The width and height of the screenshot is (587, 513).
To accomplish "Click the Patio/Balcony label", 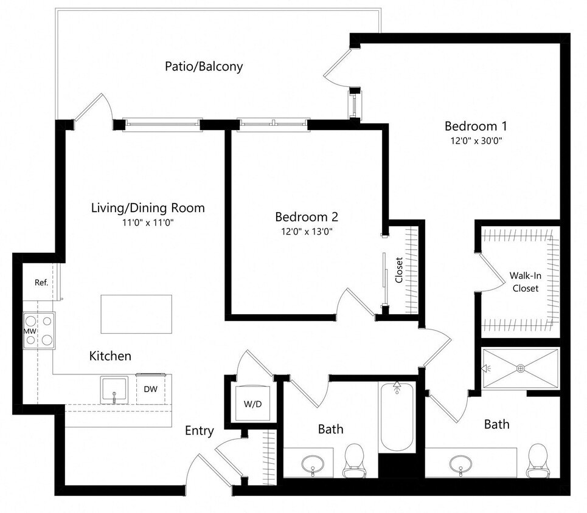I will (x=204, y=66).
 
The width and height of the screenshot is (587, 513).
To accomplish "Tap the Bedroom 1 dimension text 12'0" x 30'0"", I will (x=476, y=140).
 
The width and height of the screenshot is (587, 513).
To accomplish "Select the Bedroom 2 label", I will (x=306, y=217).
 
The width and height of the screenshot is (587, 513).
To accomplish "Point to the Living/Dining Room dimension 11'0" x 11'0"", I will (x=147, y=222).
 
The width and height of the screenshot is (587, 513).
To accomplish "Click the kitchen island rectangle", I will (x=136, y=314).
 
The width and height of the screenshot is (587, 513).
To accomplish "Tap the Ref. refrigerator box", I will (x=41, y=283).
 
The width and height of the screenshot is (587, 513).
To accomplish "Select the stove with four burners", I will (x=39, y=330).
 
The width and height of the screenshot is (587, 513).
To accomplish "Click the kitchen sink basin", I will (x=114, y=390).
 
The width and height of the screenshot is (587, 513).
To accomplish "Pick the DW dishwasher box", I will (x=151, y=389).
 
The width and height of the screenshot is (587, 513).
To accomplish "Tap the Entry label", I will (x=200, y=431).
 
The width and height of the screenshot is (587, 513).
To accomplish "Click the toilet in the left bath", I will (x=354, y=461).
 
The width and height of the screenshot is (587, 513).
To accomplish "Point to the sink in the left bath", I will (x=313, y=464).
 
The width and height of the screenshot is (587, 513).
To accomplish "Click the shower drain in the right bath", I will (x=521, y=368).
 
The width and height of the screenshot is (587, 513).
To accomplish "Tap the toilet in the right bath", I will (x=537, y=460).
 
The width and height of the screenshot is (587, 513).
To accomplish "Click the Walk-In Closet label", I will (x=525, y=282).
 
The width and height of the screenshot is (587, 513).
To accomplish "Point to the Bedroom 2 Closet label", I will (x=399, y=270).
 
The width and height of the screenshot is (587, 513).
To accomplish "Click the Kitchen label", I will (x=110, y=356).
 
